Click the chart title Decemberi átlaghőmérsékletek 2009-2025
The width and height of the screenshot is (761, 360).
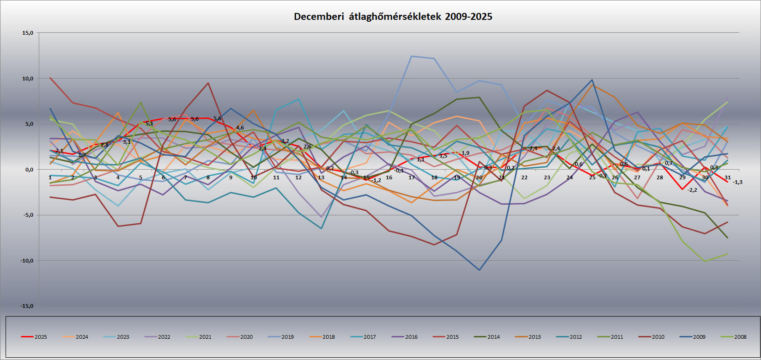tap(393, 17)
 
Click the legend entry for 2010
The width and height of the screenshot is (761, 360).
tap(658, 337)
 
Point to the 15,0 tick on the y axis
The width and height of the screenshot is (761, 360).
tap(27, 33)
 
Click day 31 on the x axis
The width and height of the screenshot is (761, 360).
tap(727, 177)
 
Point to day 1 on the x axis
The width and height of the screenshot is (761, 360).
tap(50, 177)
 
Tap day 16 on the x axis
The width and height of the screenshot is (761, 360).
tap(389, 177)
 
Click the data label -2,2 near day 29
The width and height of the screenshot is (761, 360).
tap(692, 190)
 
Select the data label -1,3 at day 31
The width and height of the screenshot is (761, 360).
tap(737, 182)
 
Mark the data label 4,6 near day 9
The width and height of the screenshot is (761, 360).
tap(240, 128)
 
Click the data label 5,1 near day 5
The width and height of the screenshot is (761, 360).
tap(149, 123)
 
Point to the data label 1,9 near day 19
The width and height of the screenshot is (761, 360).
tap(465, 153)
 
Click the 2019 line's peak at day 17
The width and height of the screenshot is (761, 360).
tap(411, 56)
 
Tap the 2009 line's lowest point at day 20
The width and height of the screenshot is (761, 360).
tap(479, 270)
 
